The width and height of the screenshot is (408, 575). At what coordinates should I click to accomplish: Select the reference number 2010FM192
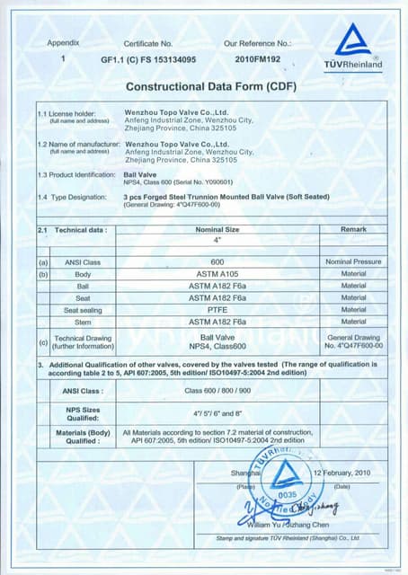click(258, 59)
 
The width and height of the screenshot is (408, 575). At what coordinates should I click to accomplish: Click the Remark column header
click(353, 230)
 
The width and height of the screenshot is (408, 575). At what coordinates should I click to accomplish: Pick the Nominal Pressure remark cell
click(353, 261)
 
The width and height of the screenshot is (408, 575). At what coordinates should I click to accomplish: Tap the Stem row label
click(83, 321)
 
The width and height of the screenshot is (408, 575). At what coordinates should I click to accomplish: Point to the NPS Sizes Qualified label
click(83, 412)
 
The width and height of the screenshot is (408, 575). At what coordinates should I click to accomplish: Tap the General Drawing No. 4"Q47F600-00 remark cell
click(353, 341)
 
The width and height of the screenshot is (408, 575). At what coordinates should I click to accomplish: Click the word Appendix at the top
click(64, 43)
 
